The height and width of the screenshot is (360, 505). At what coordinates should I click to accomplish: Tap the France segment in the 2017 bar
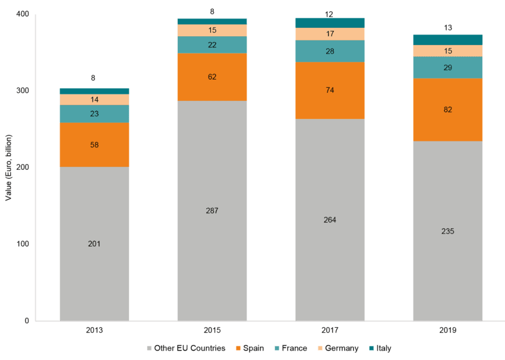[x=330, y=51]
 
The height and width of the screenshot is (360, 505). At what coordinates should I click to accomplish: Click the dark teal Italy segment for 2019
[x=447, y=39]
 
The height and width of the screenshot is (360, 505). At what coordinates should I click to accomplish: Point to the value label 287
[x=212, y=211]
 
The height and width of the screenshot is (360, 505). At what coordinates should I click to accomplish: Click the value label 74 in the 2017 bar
[x=330, y=90]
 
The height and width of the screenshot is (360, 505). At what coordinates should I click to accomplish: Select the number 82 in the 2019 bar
[x=448, y=110]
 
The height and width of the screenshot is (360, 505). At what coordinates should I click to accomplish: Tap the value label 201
[x=94, y=244]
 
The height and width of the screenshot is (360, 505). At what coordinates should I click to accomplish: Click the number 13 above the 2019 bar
[x=448, y=27]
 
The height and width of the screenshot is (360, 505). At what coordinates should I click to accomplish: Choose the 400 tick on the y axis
[x=22, y=14]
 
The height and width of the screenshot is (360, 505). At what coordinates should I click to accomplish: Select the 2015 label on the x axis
[x=212, y=330]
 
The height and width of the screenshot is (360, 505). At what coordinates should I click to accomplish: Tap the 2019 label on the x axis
[x=448, y=330]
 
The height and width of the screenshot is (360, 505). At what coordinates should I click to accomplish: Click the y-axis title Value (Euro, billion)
[x=9, y=168]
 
